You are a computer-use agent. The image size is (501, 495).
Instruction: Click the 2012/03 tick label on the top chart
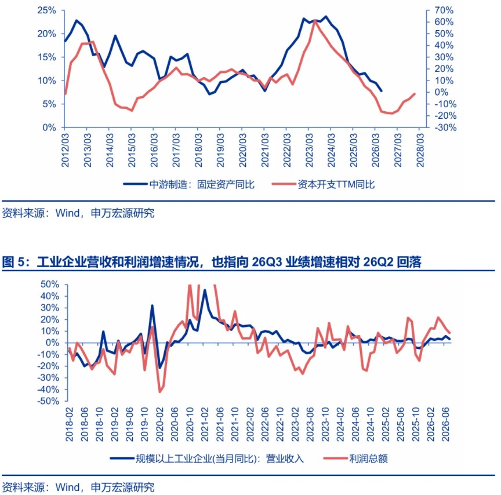(65, 151)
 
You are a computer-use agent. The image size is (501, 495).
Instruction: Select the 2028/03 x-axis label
(420, 151)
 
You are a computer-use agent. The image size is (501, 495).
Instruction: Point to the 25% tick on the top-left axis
(46, 10)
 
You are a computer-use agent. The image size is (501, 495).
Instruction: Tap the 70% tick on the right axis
(444, 10)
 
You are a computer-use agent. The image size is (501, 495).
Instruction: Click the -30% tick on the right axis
(445, 128)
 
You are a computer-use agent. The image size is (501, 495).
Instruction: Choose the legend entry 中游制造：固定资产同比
(189, 184)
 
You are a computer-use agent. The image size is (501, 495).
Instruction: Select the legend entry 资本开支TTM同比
(323, 184)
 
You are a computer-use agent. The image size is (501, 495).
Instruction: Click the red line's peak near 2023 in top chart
(315, 21)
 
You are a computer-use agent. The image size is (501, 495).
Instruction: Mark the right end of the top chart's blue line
(381, 91)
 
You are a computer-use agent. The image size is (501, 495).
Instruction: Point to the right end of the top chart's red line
(415, 94)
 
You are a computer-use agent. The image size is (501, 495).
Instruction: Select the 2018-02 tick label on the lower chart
(70, 424)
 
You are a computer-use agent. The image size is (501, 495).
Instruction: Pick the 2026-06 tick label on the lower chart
(445, 424)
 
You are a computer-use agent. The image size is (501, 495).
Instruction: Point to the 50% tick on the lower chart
(50, 284)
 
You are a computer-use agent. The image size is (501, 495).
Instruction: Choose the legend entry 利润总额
(355, 458)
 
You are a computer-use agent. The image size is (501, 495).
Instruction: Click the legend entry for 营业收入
(207, 458)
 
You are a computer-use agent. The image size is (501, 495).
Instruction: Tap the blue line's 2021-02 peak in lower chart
(205, 290)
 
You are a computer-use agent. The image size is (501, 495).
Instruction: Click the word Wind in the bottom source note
(68, 487)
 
